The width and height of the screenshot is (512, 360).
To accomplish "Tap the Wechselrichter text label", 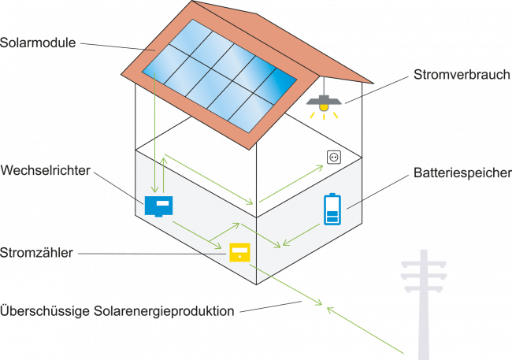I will [45, 170].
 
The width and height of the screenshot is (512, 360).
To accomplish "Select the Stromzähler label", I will [37, 254].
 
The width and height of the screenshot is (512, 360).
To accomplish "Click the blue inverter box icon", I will [158, 206].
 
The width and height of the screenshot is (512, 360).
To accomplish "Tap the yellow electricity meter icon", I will [239, 252].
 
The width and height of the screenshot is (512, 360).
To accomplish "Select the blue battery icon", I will [333, 210].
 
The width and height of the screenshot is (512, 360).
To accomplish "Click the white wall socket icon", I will [333, 158].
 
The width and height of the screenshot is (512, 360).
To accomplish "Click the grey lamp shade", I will [322, 100].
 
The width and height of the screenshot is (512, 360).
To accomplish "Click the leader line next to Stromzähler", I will [153, 254].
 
